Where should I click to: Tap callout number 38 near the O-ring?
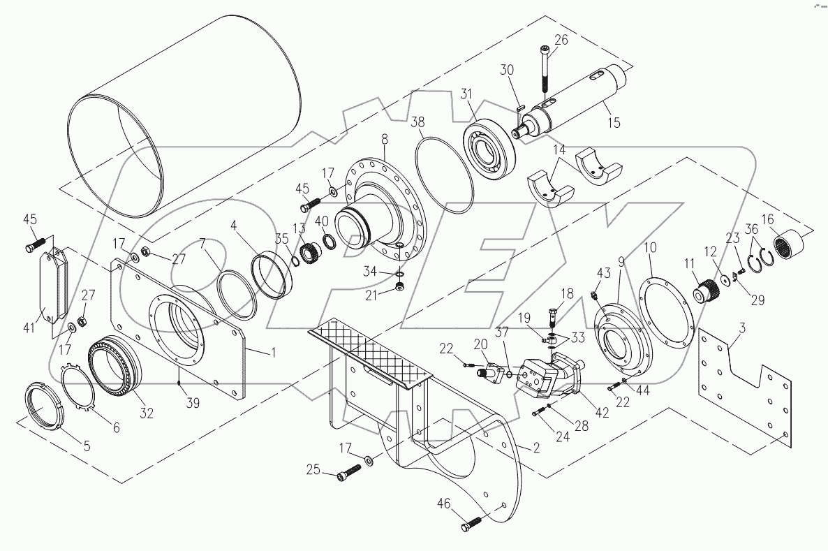point(417,121)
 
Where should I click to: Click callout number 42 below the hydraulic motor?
point(602,412)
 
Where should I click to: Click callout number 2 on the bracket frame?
point(536,448)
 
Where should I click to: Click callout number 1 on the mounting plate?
point(274,353)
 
